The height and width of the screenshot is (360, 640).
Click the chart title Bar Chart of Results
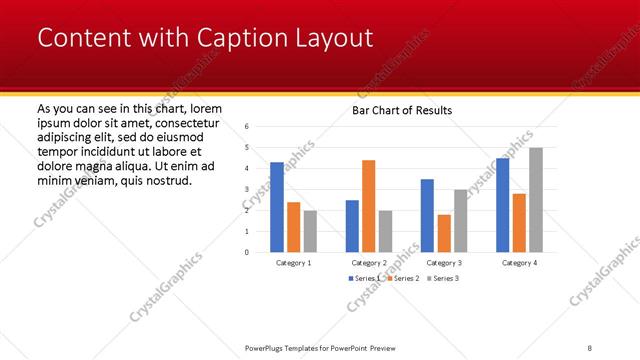pyautogui.click(x=402, y=110)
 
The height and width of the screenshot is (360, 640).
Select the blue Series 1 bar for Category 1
pyautogui.click(x=277, y=207)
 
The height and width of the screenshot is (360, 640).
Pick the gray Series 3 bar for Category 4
pyautogui.click(x=536, y=200)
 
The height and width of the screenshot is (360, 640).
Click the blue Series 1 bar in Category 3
pyautogui.click(x=427, y=215)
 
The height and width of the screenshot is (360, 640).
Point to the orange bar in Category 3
pyautogui.click(x=444, y=233)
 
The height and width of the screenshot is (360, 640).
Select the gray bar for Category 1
pyautogui.click(x=310, y=231)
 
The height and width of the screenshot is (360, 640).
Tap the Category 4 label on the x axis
pyautogui.click(x=519, y=262)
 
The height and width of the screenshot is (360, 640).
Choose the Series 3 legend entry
pyautogui.click(x=444, y=277)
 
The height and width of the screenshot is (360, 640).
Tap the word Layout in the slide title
pyautogui.click(x=332, y=38)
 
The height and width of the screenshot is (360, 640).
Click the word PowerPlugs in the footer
pyautogui.click(x=267, y=348)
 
